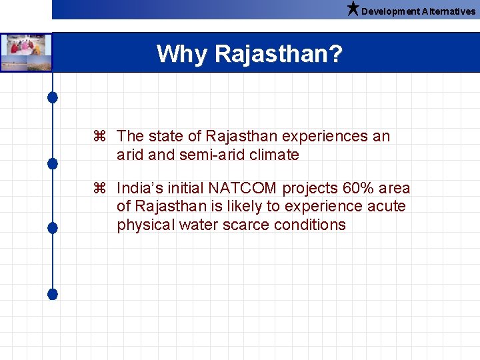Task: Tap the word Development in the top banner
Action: (x=391, y=11)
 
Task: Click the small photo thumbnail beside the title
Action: (x=26, y=53)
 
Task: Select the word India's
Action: (x=139, y=189)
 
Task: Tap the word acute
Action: (x=385, y=207)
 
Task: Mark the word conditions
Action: (x=310, y=225)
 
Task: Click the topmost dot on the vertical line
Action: (x=53, y=97)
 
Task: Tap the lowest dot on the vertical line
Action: (x=53, y=293)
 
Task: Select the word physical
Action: (x=146, y=225)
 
